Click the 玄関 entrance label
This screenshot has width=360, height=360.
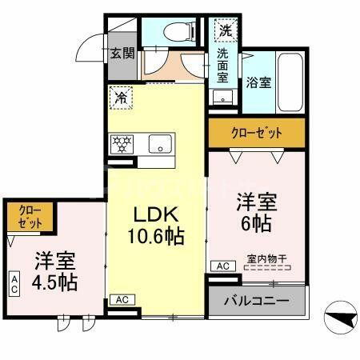click(122, 54)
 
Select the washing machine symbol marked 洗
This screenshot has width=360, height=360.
click(225, 32)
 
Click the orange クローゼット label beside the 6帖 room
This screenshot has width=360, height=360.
click(256, 133)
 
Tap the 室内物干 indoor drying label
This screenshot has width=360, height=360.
click(266, 260)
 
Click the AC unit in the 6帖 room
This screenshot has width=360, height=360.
click(220, 266)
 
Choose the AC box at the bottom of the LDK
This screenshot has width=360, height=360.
click(122, 299)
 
